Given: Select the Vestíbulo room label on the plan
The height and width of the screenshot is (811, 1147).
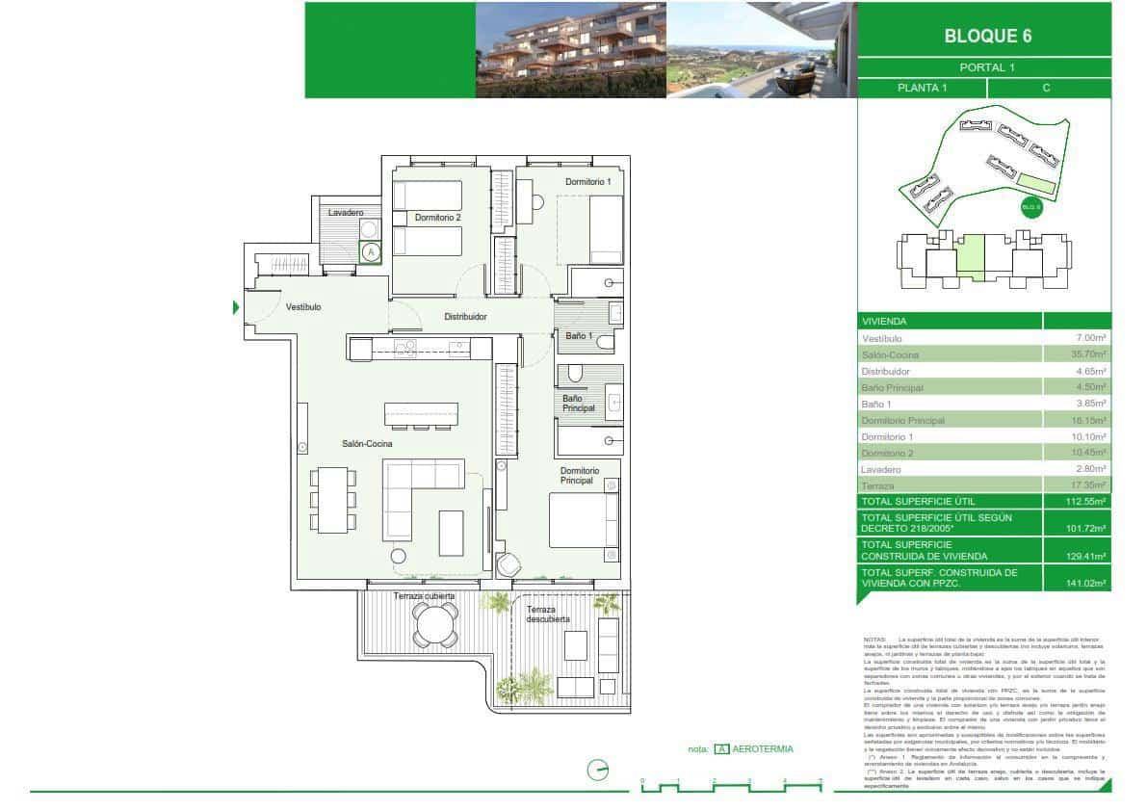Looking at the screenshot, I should [303, 307].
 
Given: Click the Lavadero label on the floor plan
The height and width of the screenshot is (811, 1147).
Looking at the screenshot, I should [345, 212].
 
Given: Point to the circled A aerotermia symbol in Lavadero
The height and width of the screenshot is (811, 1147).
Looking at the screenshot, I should [372, 252].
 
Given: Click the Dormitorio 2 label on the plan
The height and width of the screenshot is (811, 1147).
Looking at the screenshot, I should [438, 219].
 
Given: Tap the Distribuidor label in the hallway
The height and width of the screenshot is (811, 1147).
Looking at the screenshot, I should [465, 316].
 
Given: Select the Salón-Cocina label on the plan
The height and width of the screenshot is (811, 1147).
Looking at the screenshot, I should [367, 444].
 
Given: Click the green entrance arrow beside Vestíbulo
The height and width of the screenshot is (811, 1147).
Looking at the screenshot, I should [235, 308].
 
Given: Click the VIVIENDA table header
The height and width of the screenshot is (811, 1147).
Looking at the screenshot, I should [885, 322].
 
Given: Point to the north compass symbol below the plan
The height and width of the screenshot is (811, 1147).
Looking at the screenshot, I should [598, 770].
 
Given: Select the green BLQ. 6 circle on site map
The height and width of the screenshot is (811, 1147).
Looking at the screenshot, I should [1031, 206].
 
